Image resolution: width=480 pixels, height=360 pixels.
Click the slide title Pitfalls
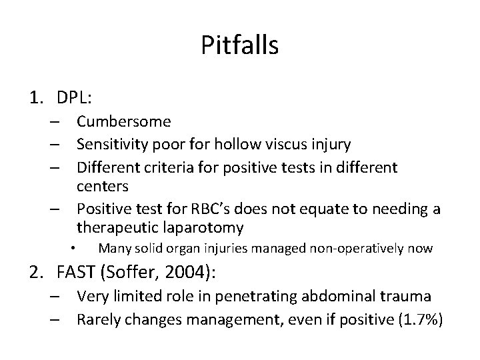(x=239, y=46)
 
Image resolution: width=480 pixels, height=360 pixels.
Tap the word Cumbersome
(x=123, y=122)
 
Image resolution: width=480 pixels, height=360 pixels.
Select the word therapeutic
(x=115, y=227)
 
